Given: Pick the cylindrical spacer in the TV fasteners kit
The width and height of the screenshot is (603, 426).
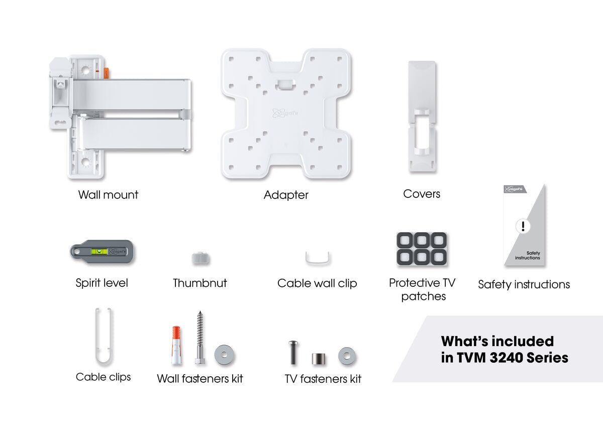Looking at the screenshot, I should point(318,359).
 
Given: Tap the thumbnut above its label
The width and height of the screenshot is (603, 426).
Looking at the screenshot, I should point(200,259).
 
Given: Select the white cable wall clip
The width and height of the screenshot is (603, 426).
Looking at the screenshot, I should point(318,258).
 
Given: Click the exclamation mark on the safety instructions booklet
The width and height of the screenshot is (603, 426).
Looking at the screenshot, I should point(523,227).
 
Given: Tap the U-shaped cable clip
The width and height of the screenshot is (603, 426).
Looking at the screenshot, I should point(104,338).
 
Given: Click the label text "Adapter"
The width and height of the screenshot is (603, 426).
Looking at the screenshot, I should point(286,195).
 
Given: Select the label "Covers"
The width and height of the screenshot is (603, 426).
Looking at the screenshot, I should point(421,193).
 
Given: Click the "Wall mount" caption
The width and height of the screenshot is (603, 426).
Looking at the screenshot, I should point(108,194).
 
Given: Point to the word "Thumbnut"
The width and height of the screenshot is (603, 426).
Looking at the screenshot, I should point(199,283).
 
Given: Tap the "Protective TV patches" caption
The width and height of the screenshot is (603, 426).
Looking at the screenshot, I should point(422,289).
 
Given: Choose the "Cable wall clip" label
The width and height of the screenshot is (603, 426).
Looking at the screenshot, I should point(317,283).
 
